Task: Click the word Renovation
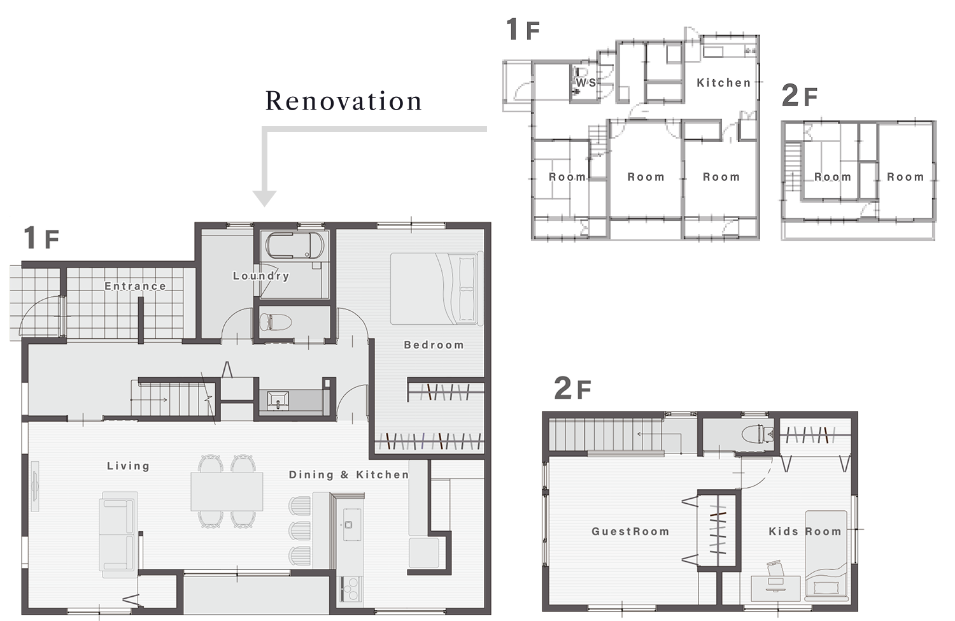coord(344,101)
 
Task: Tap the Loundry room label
coord(261,276)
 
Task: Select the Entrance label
coord(135,286)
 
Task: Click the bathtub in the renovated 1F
coord(295,245)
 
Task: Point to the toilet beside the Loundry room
coord(276,322)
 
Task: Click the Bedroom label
coord(434,345)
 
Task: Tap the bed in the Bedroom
coord(437,289)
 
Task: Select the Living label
coord(129,466)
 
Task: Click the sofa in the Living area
coord(118,531)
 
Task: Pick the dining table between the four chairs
coord(227,491)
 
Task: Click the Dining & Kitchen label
coord(349,475)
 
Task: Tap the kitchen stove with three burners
coord(351,589)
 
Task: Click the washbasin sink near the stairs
coord(278,401)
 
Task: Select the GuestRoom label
coord(630,531)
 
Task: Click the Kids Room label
coord(805,531)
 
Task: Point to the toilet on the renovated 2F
coord(758,434)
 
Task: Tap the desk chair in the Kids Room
coord(775,569)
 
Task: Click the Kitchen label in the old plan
coord(723,83)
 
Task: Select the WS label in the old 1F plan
coord(586,82)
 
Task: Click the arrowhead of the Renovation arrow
coord(264,198)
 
